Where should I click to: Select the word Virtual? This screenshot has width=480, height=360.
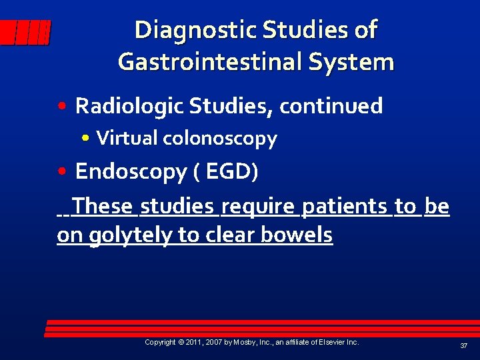pos(127,139)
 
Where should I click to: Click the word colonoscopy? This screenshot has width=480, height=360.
pos(219,139)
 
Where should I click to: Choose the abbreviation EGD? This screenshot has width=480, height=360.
pos(231,171)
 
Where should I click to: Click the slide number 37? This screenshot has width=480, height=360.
pos(463,345)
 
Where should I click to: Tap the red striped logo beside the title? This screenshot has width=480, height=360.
pos(25,33)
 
